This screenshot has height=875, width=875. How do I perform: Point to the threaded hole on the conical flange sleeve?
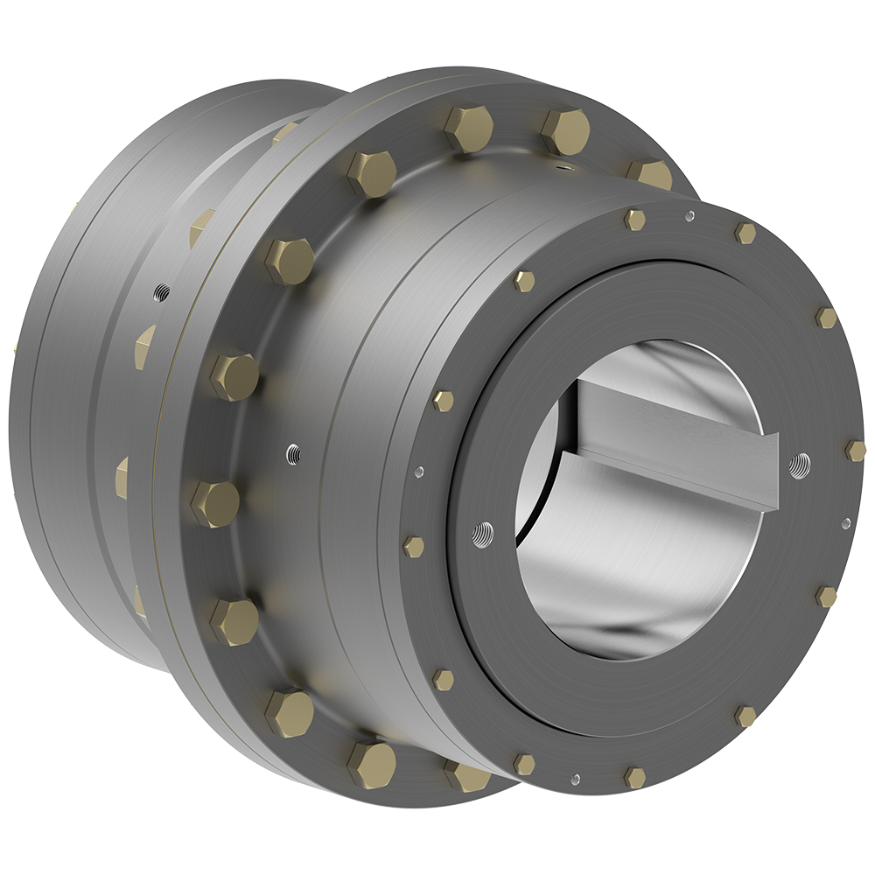[294, 453]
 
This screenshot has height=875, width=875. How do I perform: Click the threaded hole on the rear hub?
[160, 290]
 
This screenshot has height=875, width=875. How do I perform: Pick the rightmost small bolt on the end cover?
[855, 451]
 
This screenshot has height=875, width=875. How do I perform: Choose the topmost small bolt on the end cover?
[634, 220]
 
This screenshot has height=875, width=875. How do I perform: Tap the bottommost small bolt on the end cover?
[634, 777]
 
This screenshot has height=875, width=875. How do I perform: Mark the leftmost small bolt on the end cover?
[413, 547]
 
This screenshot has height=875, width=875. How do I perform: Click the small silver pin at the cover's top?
[690, 215]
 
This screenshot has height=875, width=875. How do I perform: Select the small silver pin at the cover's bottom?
[574, 778]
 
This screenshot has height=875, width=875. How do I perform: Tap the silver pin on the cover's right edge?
[845, 523]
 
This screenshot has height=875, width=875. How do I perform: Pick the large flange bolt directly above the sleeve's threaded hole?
[234, 376]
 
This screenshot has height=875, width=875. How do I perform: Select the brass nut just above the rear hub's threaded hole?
[201, 226]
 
